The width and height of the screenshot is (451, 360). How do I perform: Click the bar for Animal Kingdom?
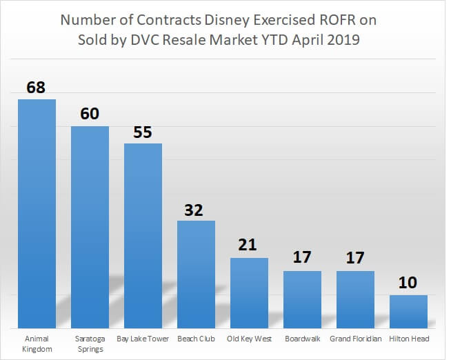tap(37, 214)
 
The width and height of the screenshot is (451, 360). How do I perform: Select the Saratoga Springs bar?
tap(90, 227)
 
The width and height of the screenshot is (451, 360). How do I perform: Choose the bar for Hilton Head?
tap(408, 311)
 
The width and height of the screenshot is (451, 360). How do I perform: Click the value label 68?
tap(37, 88)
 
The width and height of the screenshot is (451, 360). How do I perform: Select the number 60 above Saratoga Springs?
tap(90, 114)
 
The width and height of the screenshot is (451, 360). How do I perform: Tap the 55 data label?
tap(143, 132)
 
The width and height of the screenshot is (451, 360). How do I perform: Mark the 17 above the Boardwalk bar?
tap(302, 259)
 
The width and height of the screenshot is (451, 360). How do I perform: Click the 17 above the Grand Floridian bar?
tap(355, 259)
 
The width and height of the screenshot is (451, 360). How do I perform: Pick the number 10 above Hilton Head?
tap(408, 283)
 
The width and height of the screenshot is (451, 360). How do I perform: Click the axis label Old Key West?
tap(249, 339)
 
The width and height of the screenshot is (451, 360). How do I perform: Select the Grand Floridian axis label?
tap(355, 339)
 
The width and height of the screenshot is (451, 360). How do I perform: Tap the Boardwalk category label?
tap(302, 339)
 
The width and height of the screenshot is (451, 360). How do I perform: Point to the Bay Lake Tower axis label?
tap(143, 339)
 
